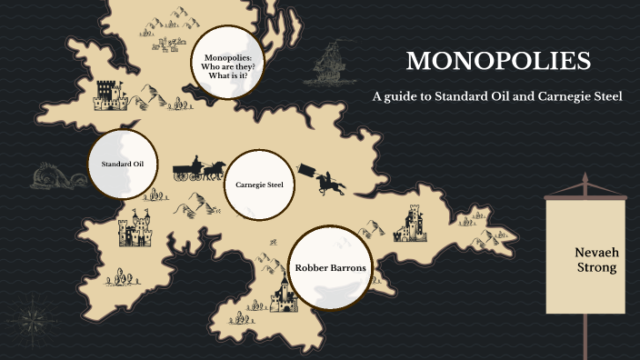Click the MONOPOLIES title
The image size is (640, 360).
[x=498, y=62]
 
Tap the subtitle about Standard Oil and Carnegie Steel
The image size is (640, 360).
[x=497, y=96]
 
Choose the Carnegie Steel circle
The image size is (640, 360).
[x=259, y=185]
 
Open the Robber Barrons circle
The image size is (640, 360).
[x=330, y=267]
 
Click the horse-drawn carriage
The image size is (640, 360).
[x=199, y=168]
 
